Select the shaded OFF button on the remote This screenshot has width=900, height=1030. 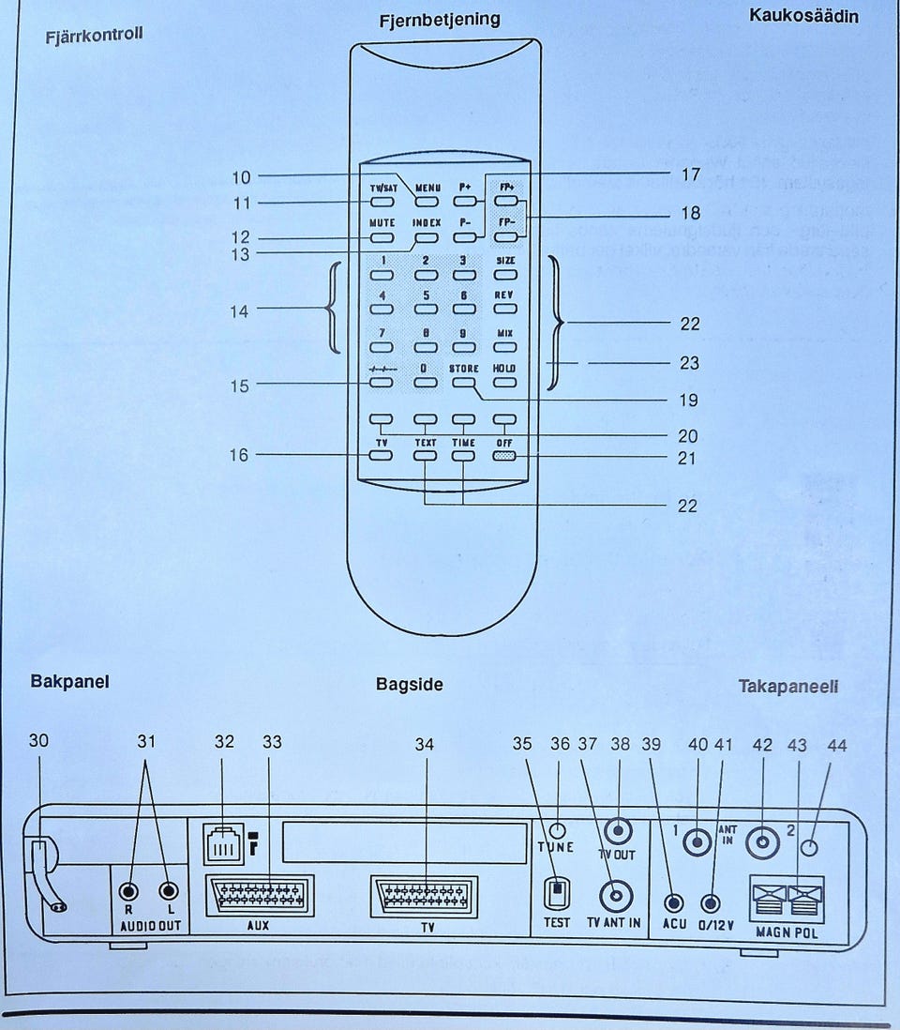(x=505, y=457)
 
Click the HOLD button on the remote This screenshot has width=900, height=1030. (x=505, y=382)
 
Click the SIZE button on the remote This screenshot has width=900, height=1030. (x=505, y=274)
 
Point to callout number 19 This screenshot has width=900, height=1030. (x=687, y=400)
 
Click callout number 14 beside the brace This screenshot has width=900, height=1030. (x=241, y=311)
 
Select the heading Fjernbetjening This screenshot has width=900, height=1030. (x=439, y=19)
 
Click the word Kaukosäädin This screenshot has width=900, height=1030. (x=817, y=15)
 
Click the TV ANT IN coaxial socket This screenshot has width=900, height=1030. (x=615, y=897)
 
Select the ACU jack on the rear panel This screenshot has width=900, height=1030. (x=673, y=902)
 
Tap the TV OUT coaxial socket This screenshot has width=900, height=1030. (x=618, y=830)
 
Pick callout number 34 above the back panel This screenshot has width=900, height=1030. (x=425, y=744)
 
